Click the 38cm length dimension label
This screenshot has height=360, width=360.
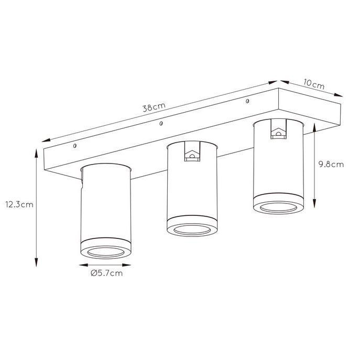coord(154,107)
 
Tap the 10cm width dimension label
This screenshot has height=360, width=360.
coord(314,84)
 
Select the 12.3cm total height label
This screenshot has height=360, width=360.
coord(19,204)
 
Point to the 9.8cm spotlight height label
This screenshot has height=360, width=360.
coord(331,165)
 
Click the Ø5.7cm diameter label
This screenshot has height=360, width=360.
coord(107,273)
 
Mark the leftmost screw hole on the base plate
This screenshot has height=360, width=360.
coord(74,146)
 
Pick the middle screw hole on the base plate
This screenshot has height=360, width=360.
coord(161,124)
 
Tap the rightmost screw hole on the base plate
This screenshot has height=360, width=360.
coord(247,101)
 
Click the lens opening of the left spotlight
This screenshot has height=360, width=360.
coord(106,252)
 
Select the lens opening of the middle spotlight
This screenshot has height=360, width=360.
coord(192,230)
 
